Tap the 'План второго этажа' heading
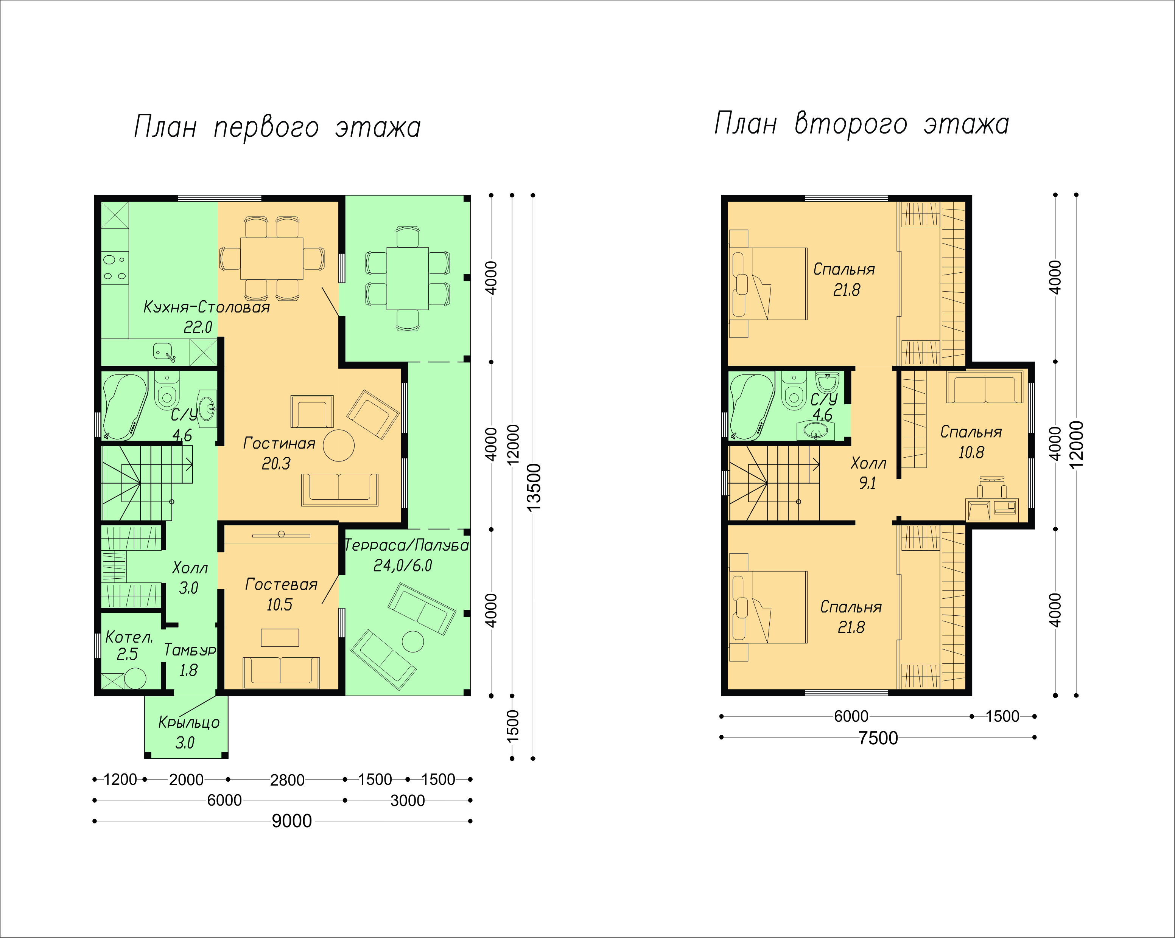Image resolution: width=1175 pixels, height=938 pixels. (862, 124)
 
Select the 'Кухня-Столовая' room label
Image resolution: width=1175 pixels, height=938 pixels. (207, 307)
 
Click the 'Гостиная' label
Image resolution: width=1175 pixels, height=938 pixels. (279, 443)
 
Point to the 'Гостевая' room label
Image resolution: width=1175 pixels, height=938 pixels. (281, 584)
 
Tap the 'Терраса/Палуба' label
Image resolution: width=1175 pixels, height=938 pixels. (406, 545)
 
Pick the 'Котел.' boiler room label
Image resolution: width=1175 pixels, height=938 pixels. (129, 637)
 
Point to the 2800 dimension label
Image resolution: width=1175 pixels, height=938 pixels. (287, 780)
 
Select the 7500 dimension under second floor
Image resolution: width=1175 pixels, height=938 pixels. (878, 738)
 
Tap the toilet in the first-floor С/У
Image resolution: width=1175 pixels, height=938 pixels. (167, 391)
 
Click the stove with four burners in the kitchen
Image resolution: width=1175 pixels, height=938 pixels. (114, 268)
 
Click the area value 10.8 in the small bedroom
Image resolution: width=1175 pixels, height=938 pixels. (971, 452)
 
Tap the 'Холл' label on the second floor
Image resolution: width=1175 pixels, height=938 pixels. (868, 464)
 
